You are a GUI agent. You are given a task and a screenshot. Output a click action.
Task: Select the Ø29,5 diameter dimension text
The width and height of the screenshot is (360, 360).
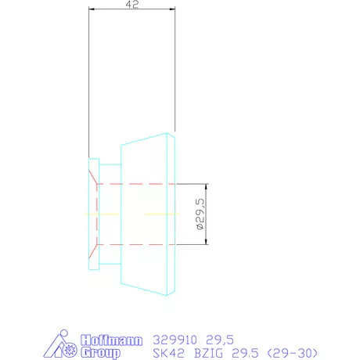(200, 214)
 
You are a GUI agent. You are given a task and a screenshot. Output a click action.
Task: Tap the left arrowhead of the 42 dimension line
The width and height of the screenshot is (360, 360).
(92, 11)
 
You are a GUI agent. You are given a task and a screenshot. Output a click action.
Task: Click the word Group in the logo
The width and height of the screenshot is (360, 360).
(101, 352)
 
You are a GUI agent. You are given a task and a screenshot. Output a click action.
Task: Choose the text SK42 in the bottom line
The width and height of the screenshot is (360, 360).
(164, 353)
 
